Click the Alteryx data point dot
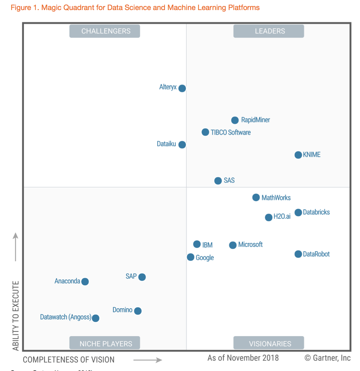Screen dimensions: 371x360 pyautogui.click(x=182, y=88)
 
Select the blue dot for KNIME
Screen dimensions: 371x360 pyautogui.click(x=298, y=155)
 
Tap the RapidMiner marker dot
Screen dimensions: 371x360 pyautogui.click(x=235, y=120)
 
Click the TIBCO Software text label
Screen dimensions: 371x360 pyautogui.click(x=231, y=132)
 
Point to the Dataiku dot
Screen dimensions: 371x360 pyautogui.click(x=182, y=145)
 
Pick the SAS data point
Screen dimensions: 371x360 pyautogui.click(x=218, y=181)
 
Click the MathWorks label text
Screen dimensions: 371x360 pyautogui.click(x=276, y=198)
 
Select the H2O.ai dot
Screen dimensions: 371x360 pyautogui.click(x=269, y=217)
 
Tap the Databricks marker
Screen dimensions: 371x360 pyautogui.click(x=298, y=213)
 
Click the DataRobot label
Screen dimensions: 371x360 pyautogui.click(x=316, y=254)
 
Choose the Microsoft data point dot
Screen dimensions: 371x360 pyautogui.click(x=233, y=245)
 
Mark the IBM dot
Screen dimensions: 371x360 pyautogui.click(x=197, y=244)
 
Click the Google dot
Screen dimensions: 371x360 pyautogui.click(x=191, y=257)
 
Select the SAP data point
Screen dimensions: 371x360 pyautogui.click(x=142, y=277)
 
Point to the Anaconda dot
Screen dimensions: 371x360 pyautogui.click(x=85, y=281)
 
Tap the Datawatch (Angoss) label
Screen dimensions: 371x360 pyautogui.click(x=66, y=317)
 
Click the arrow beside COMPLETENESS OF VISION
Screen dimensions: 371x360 pyautogui.click(x=148, y=360)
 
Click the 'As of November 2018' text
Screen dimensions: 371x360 pyautogui.click(x=243, y=358)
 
